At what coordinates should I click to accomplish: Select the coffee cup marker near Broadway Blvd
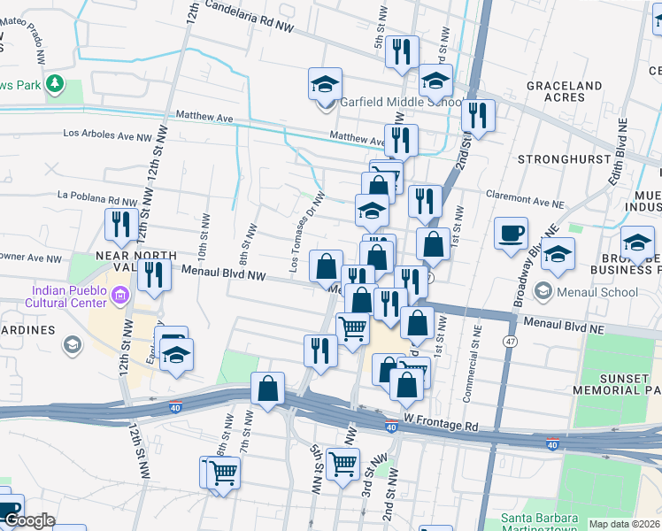(x=511, y=234)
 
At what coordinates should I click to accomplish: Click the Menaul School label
(x=599, y=292)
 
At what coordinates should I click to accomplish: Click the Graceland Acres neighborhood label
(x=565, y=91)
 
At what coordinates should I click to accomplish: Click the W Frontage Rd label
(x=443, y=424)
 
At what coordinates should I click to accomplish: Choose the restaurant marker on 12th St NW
(x=118, y=226)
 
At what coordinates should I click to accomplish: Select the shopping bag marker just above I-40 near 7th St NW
(x=267, y=389)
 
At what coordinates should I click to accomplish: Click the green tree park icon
(x=55, y=83)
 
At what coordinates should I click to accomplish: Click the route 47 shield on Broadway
(x=511, y=340)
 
